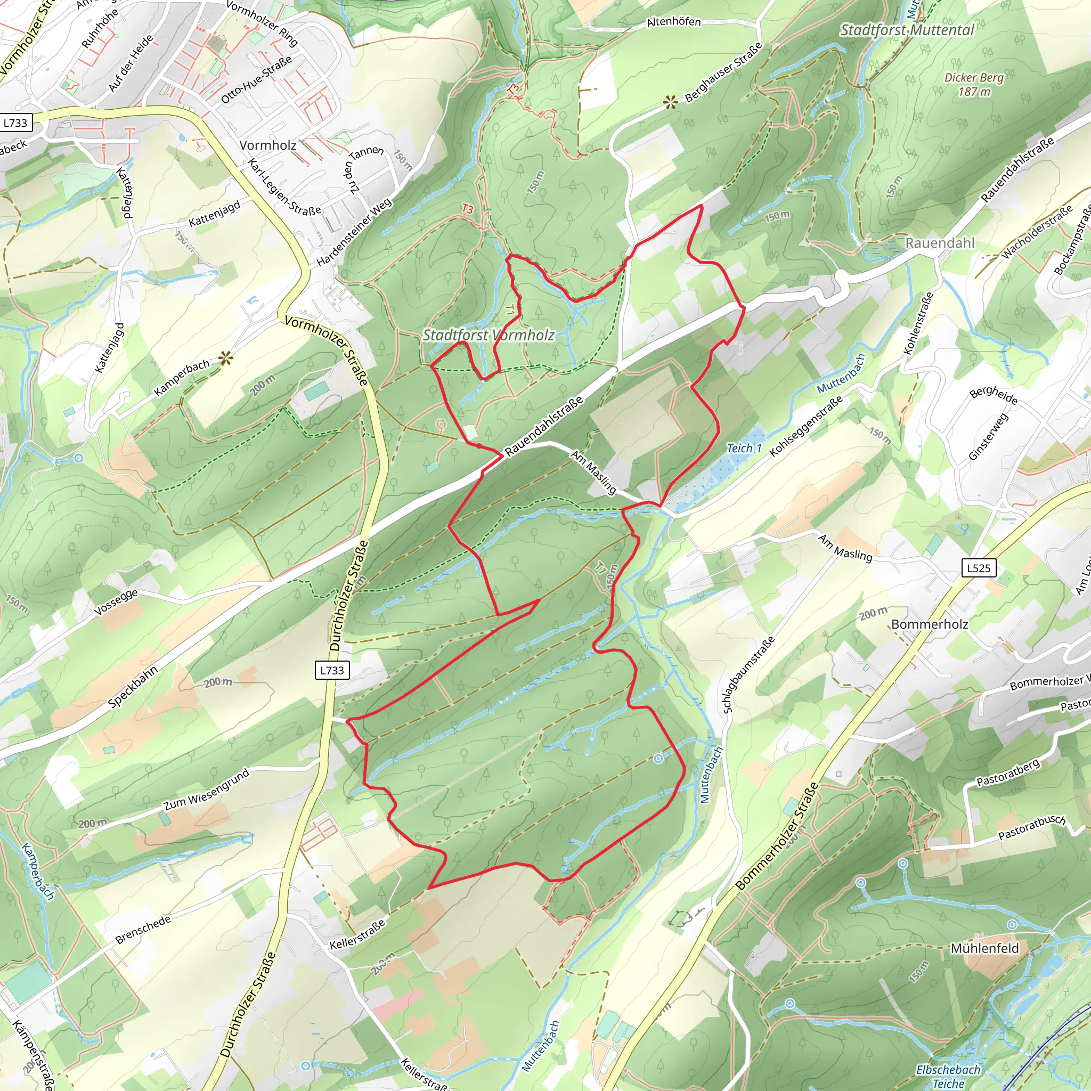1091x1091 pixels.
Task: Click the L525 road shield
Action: [979, 568]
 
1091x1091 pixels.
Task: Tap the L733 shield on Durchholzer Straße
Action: [332, 670]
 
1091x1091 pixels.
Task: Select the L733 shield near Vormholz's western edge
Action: [15, 123]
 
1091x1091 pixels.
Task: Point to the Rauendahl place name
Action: [940, 243]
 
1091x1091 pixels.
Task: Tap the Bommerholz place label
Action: [930, 624]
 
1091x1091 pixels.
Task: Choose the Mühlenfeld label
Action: [985, 948]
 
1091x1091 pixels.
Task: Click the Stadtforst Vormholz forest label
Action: [488, 335]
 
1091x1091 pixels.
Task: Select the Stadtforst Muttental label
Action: [907, 30]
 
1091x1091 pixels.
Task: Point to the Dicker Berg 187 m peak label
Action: [974, 84]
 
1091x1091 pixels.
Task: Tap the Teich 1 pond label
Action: [744, 449]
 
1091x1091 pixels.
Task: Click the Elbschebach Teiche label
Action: [948, 1076]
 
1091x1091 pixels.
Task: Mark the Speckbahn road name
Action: [133, 686]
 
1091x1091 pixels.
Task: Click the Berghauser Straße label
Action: [723, 72]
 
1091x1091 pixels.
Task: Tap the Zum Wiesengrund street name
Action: [206, 789]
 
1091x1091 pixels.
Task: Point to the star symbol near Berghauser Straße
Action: [670, 102]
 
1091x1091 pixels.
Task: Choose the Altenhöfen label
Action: [673, 22]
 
